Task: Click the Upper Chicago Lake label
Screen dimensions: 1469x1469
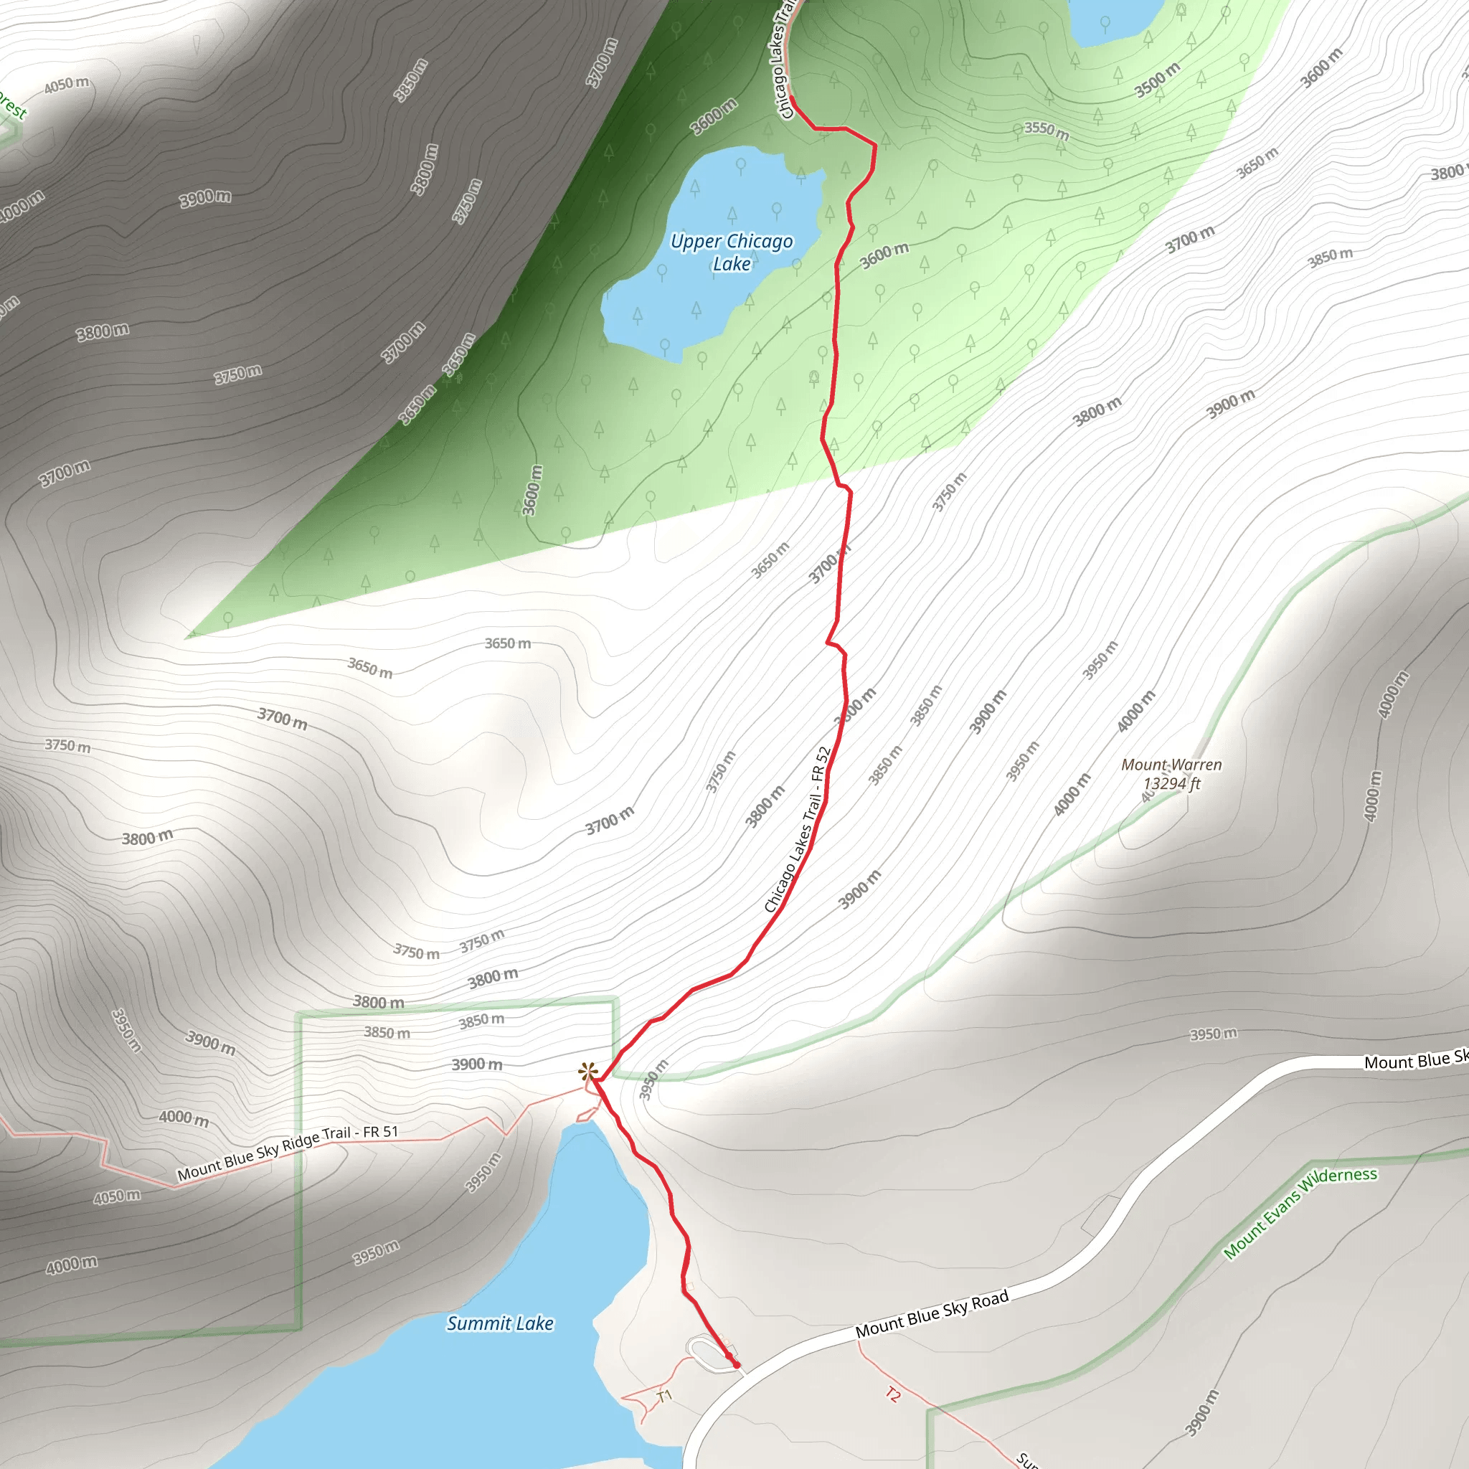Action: [x=731, y=252]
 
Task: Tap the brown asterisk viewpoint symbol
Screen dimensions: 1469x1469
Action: [x=587, y=1073]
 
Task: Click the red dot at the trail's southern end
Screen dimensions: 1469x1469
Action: [x=736, y=1365]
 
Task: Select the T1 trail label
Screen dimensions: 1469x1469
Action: [x=664, y=1396]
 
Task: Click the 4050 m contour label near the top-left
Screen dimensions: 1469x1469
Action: [x=66, y=85]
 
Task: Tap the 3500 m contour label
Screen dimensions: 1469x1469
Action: [x=1157, y=80]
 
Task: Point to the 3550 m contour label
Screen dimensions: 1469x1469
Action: [x=1047, y=131]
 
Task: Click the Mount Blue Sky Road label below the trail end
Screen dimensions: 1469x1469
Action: [x=932, y=1314]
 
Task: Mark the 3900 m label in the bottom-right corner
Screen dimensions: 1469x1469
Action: [x=1201, y=1413]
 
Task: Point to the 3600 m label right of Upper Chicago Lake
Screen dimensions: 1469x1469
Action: [x=884, y=255]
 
